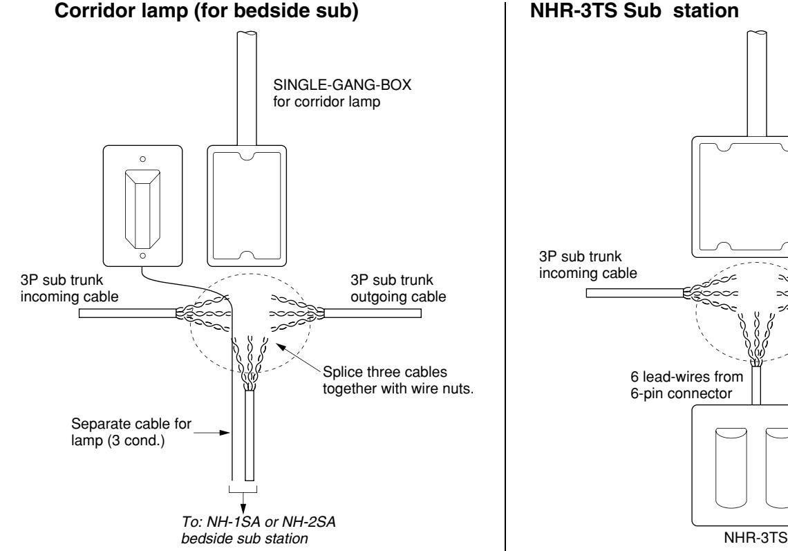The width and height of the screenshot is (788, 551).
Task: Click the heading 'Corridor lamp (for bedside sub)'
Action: [206, 11]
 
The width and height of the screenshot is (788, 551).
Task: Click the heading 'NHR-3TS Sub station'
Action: [635, 10]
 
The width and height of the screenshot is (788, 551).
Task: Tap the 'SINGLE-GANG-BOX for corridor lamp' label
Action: [341, 93]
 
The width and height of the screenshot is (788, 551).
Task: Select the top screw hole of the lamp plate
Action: [142, 159]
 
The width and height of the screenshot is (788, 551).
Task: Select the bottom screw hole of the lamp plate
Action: [142, 255]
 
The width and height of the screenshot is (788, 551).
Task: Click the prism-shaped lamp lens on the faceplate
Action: [142, 209]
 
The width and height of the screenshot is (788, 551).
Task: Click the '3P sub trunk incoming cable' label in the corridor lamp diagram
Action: [69, 288]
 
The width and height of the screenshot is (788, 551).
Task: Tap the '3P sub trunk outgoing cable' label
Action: [398, 288]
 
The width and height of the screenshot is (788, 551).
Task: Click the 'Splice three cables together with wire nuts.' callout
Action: [398, 380]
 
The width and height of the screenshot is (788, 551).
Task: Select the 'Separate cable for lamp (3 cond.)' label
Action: [131, 432]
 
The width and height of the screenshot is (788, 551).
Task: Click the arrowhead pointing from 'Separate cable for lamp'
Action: [225, 432]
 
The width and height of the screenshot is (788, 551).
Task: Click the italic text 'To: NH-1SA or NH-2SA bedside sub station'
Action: [259, 530]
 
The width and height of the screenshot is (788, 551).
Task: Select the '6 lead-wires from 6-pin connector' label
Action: [686, 384]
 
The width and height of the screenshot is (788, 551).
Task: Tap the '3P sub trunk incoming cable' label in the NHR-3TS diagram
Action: [588, 265]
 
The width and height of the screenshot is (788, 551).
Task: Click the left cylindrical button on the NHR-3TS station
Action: [731, 467]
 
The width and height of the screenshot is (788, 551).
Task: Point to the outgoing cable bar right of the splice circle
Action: [373, 313]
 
